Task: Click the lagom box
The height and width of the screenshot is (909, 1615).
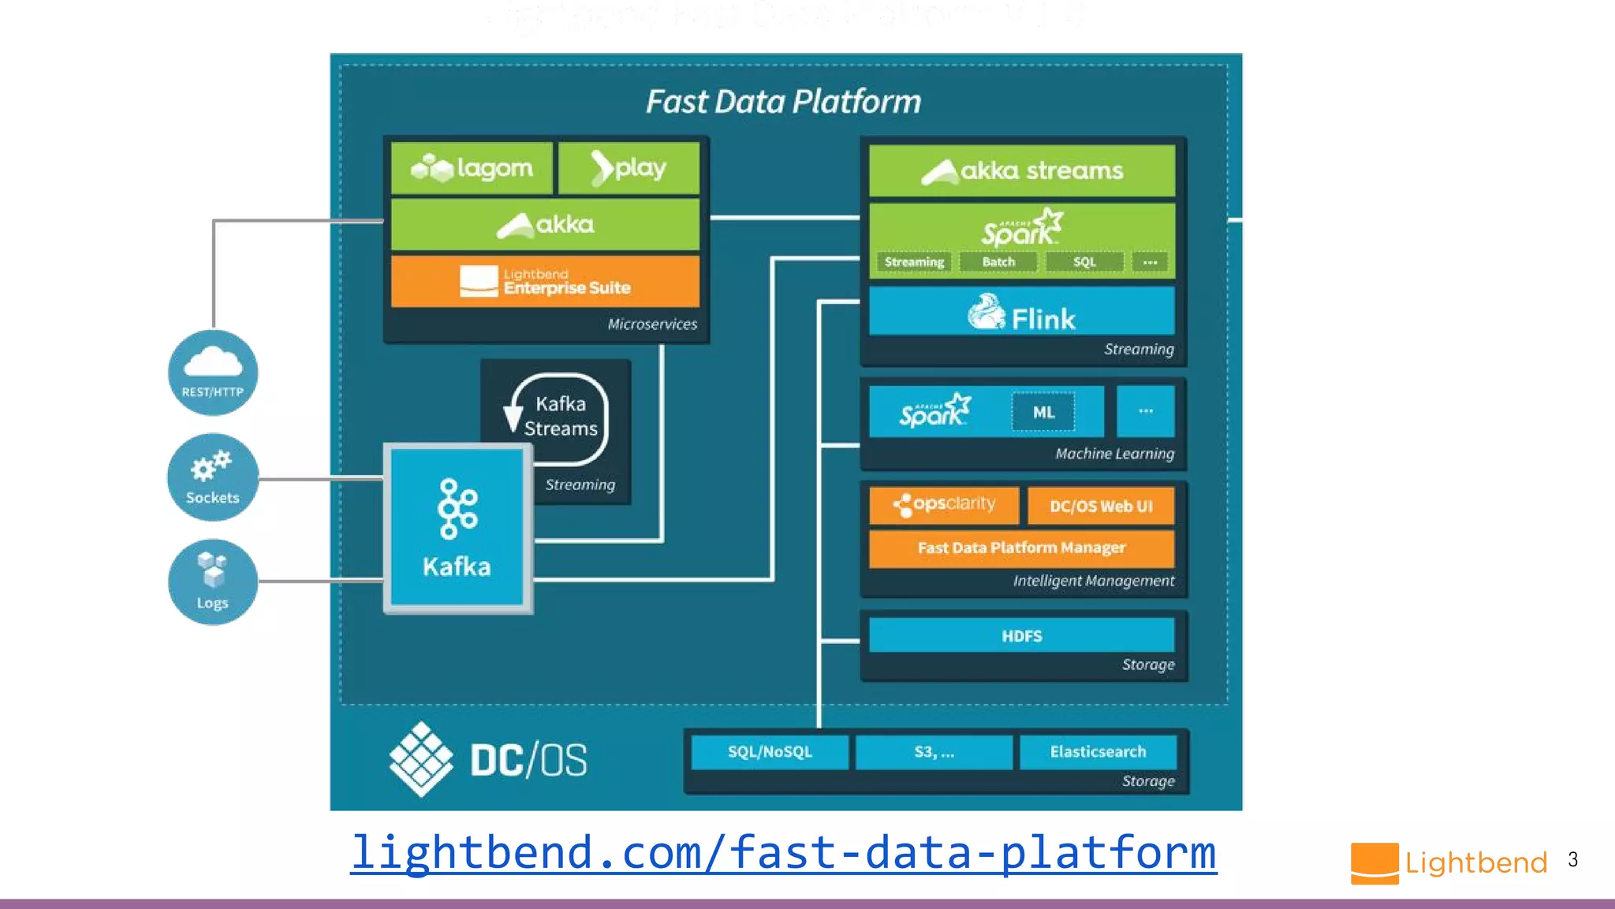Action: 472,168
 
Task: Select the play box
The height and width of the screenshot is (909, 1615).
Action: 628,168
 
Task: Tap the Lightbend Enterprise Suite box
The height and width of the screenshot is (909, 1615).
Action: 545,281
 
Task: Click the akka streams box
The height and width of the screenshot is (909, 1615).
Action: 1022,170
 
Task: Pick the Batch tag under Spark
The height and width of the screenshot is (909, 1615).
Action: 998,262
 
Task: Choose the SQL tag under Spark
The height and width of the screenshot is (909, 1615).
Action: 1084,262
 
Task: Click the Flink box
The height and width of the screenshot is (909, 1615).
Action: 1022,312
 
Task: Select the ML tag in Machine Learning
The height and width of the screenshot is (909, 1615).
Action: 1043,412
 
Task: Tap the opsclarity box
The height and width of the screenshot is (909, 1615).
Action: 944,505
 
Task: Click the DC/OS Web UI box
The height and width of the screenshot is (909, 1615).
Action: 1101,507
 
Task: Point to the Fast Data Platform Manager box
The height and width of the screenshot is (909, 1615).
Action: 1021,548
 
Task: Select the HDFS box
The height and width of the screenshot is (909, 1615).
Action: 1022,636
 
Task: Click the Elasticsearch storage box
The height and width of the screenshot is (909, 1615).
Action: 1098,752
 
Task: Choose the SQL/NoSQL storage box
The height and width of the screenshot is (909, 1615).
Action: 770,752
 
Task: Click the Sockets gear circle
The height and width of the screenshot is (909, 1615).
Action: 213,477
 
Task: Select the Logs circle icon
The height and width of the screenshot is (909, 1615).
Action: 213,582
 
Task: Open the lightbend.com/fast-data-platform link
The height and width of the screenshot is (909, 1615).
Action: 784,853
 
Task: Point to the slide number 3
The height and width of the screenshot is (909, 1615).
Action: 1572,860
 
